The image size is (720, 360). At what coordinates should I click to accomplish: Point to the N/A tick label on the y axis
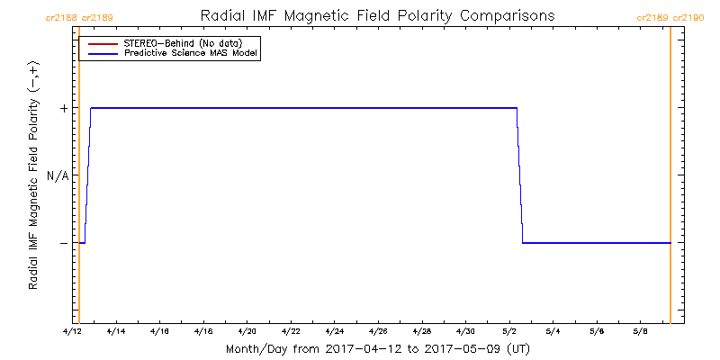click(58, 175)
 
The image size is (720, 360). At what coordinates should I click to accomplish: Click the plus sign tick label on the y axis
click(63, 108)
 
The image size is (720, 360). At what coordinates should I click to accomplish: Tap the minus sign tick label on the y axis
click(63, 243)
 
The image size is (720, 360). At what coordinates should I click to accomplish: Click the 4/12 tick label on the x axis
click(73, 331)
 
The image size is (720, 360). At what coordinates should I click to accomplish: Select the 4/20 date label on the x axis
click(247, 331)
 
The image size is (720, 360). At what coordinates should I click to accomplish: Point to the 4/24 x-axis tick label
click(335, 331)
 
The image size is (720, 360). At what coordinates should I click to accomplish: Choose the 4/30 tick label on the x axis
click(465, 331)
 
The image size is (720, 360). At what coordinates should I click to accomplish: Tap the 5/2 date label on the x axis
click(509, 331)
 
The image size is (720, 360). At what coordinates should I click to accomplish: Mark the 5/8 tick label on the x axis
click(640, 331)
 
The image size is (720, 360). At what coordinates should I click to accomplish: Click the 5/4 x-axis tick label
click(553, 331)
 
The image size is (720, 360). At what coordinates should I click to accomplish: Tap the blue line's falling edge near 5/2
click(520, 175)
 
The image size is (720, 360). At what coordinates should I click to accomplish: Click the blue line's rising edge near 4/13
click(87, 175)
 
